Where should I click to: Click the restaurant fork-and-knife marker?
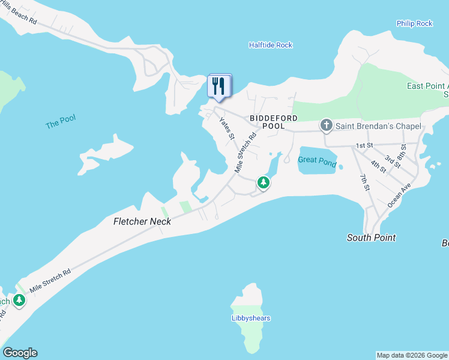pos(219,86)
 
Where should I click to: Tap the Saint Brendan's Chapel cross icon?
pos(326,125)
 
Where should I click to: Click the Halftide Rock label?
pos(270,45)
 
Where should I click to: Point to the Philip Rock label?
pos(414,23)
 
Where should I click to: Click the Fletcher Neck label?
pos(142,221)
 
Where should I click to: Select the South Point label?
pos(371,238)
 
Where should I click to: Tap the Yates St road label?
pos(226,128)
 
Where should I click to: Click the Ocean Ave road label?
pos(399,196)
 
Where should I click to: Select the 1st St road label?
pos(364,146)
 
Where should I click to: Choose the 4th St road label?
pos(378,166)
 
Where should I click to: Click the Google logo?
pos(20,353)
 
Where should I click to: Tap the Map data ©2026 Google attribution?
pos(412,355)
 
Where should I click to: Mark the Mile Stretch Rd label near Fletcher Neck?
pos(50,280)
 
